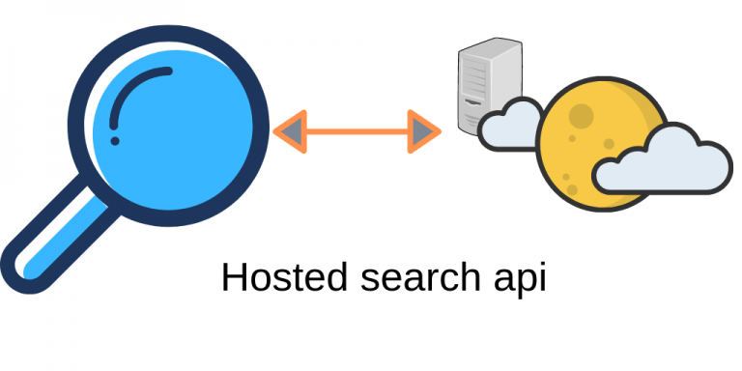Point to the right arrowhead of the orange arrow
pyautogui.click(x=424, y=130)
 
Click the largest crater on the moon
pyautogui.click(x=581, y=117)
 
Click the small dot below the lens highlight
pyautogui.click(x=115, y=141)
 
